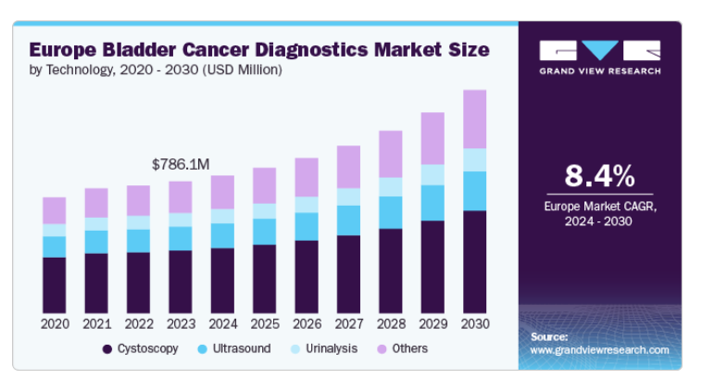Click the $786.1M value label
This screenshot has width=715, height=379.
click(x=181, y=164)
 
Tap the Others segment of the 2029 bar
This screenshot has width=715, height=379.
click(x=433, y=138)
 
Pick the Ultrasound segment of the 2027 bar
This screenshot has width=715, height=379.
click(x=348, y=220)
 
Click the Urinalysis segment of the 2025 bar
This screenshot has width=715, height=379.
click(x=264, y=210)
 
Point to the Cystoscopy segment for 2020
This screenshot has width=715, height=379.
click(x=55, y=284)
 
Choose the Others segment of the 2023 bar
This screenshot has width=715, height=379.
click(x=181, y=196)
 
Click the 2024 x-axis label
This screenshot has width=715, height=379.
click(x=222, y=323)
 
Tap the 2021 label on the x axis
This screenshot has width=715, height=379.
click(x=96, y=323)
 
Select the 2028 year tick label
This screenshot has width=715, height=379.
click(x=390, y=323)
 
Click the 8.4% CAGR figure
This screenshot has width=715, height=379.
click(x=599, y=176)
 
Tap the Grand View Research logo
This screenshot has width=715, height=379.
click(x=599, y=56)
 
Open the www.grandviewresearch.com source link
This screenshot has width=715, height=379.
click(x=599, y=350)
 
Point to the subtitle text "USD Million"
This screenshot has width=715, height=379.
click(x=248, y=69)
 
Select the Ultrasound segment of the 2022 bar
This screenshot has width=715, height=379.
click(x=139, y=240)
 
